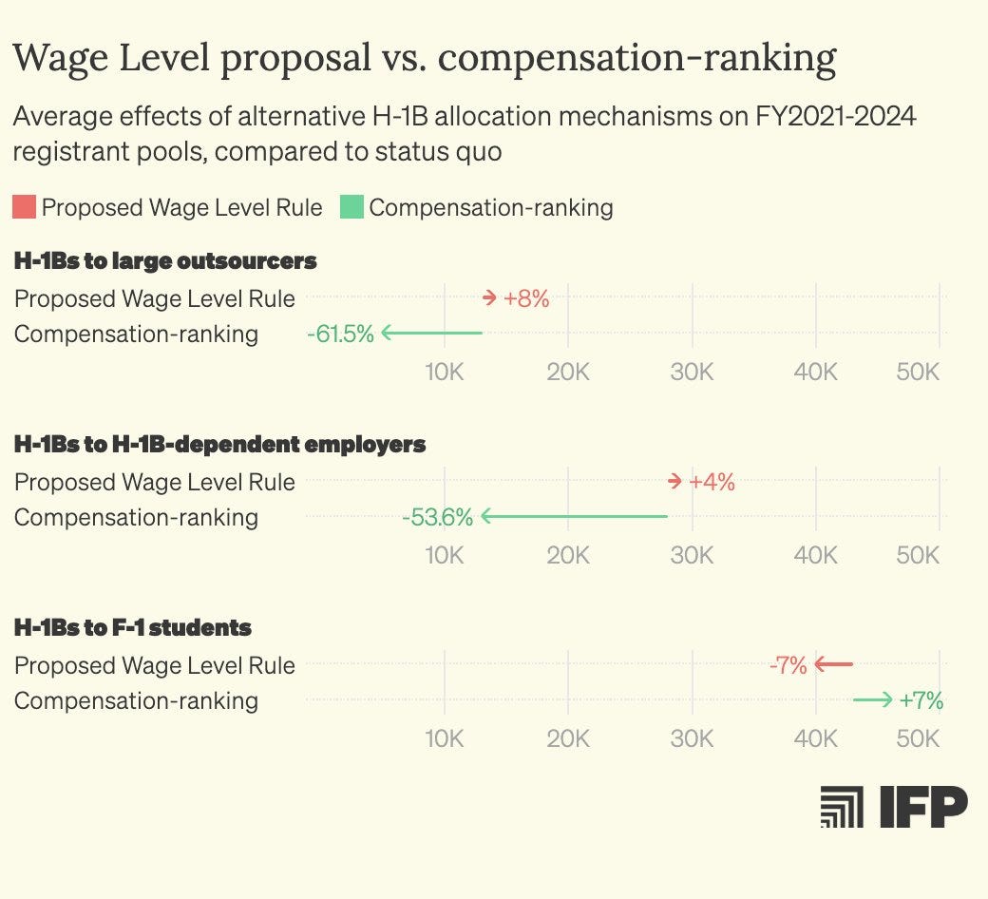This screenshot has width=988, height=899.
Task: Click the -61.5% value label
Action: [x=340, y=334]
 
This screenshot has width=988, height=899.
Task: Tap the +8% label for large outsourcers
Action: [x=526, y=298]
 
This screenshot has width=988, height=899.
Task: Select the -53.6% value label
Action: [x=437, y=517]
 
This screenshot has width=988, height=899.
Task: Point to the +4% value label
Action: [x=712, y=482]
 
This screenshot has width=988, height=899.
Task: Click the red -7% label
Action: [x=788, y=665]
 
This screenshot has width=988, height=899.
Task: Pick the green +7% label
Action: [x=921, y=700]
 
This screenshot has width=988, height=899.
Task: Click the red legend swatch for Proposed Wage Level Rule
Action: [x=25, y=206]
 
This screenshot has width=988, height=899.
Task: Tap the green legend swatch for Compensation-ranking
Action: [x=351, y=206]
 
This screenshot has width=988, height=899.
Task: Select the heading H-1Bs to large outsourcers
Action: [x=165, y=260]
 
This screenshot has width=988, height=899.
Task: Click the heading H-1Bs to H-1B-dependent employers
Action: [x=219, y=444]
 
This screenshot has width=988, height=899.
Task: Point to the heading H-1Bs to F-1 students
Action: [x=133, y=627]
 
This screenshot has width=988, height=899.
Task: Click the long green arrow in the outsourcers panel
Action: [x=433, y=334]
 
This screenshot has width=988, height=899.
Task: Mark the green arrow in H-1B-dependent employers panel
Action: [x=575, y=517]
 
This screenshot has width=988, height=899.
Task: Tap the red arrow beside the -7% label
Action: [x=834, y=665]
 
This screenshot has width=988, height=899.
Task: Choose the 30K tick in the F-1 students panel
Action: [x=692, y=738]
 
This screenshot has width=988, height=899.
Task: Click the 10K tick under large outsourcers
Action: [x=444, y=372]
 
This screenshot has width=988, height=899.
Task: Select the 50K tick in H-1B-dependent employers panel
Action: [x=918, y=555]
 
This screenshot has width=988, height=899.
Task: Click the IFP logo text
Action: [x=922, y=807]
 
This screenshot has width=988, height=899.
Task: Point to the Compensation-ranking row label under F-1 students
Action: [x=136, y=700]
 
